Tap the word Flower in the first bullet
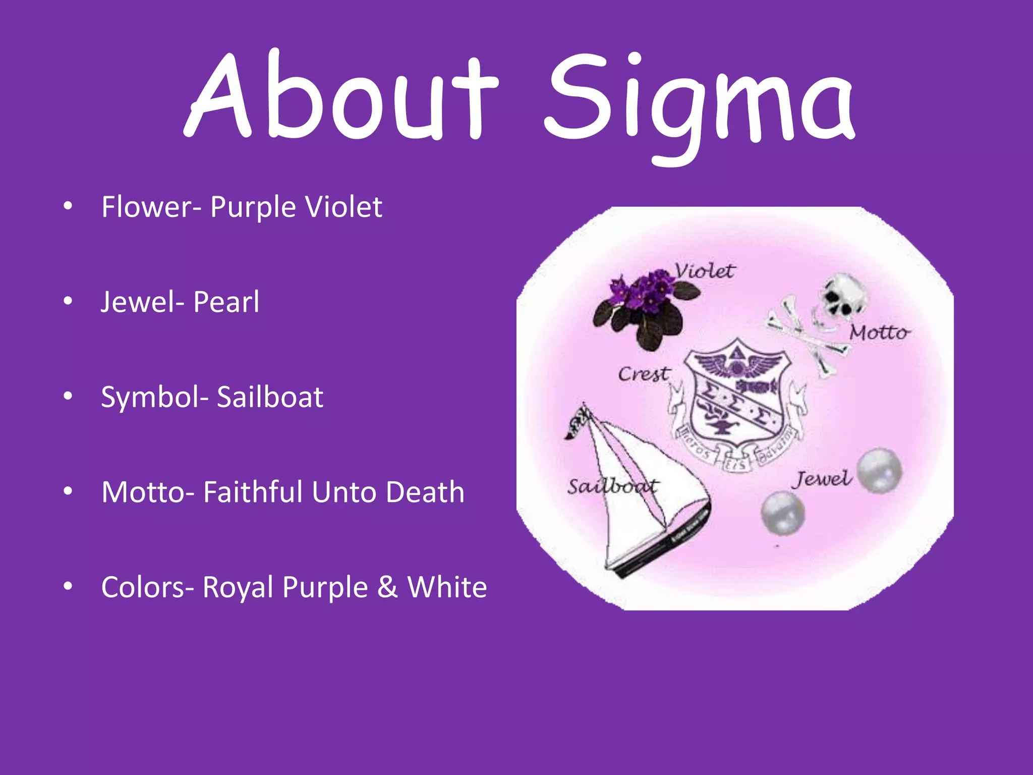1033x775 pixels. pyautogui.click(x=146, y=207)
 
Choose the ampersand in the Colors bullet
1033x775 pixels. pyautogui.click(x=387, y=587)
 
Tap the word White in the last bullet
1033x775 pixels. pyautogui.click(x=447, y=587)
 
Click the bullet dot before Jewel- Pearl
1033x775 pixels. pyautogui.click(x=68, y=302)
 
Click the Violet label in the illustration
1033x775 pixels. pyautogui.click(x=705, y=271)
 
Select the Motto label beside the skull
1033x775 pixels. pyautogui.click(x=879, y=333)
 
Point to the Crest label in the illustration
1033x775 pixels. pyautogui.click(x=644, y=374)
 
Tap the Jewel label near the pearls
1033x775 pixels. pyautogui.click(x=822, y=479)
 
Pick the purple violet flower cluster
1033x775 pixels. pyautogui.click(x=643, y=293)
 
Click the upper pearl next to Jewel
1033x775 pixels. pyautogui.click(x=879, y=470)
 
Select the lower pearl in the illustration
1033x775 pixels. pyautogui.click(x=782, y=513)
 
